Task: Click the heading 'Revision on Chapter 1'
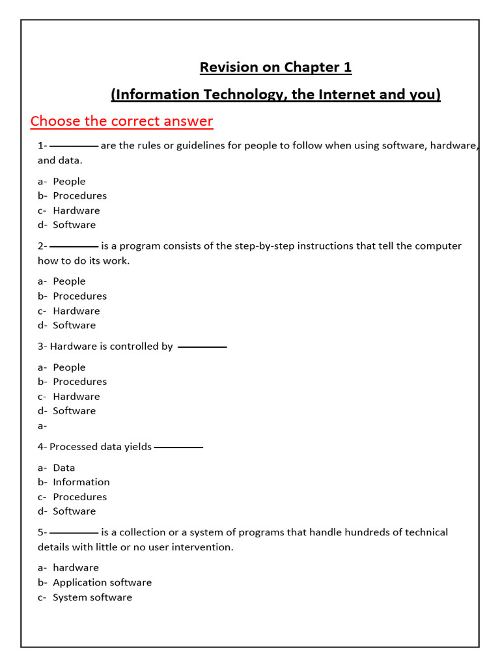pos(275,68)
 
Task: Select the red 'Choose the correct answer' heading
pos(122,121)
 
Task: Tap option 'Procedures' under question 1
pos(79,195)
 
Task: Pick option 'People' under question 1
pos(69,181)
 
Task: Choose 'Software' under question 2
pos(74,325)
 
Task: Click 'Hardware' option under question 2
pos(76,311)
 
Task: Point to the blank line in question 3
pos(202,347)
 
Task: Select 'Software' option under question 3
pos(74,410)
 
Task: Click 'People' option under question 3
pos(69,367)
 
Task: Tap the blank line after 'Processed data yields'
pos(178,447)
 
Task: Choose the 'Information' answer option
pos(81,482)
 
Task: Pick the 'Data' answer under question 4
pos(64,468)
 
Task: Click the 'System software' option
pos(92,597)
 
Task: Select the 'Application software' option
pos(102,582)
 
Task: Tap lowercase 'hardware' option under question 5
pos(76,567)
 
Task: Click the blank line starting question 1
pos(74,146)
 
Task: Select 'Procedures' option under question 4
pos(79,496)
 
